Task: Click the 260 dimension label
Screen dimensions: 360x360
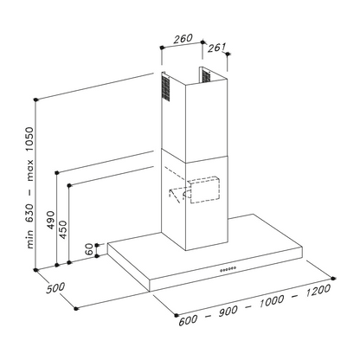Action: pyautogui.click(x=183, y=39)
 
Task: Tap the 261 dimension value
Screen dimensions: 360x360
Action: pyautogui.click(x=216, y=48)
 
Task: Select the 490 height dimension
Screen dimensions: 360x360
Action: pyautogui.click(x=51, y=220)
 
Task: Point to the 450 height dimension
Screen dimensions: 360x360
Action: pyautogui.click(x=62, y=229)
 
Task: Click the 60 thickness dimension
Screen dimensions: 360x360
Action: pyautogui.click(x=90, y=249)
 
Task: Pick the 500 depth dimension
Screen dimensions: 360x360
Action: pyautogui.click(x=55, y=288)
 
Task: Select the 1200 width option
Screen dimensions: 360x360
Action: pyautogui.click(x=318, y=291)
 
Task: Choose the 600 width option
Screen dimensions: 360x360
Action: pyautogui.click(x=188, y=319)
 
